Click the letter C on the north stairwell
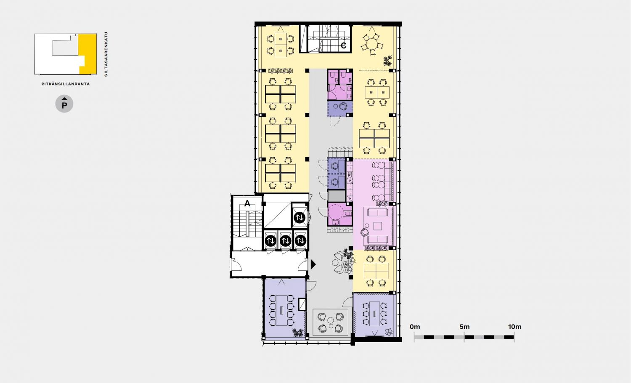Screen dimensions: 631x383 pyautogui.click(x=343, y=46)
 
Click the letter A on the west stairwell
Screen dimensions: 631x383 pyautogui.click(x=247, y=203)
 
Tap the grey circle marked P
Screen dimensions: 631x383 pyautogui.click(x=64, y=104)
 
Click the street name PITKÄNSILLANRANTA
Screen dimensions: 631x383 pyautogui.click(x=66, y=84)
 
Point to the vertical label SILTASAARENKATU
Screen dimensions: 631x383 pyautogui.click(x=106, y=54)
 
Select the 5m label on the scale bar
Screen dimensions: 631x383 pyautogui.click(x=464, y=327)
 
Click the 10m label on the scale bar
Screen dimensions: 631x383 pyautogui.click(x=514, y=327)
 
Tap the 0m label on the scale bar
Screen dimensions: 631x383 pyautogui.click(x=415, y=327)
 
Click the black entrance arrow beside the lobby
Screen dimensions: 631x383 pyautogui.click(x=313, y=264)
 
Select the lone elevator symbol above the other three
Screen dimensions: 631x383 pyautogui.click(x=299, y=217)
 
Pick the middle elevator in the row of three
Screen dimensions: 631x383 pyautogui.click(x=285, y=241)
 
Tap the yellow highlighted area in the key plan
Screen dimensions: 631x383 pyautogui.click(x=87, y=53)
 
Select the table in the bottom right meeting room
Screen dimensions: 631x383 pyautogui.click(x=374, y=314)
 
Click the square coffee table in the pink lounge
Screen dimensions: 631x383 pyautogui.click(x=377, y=226)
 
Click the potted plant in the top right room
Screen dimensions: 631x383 pyautogui.click(x=388, y=60)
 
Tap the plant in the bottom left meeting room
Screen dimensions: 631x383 pyautogui.click(x=298, y=333)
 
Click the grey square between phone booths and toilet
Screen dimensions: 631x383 pyautogui.click(x=337, y=196)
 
